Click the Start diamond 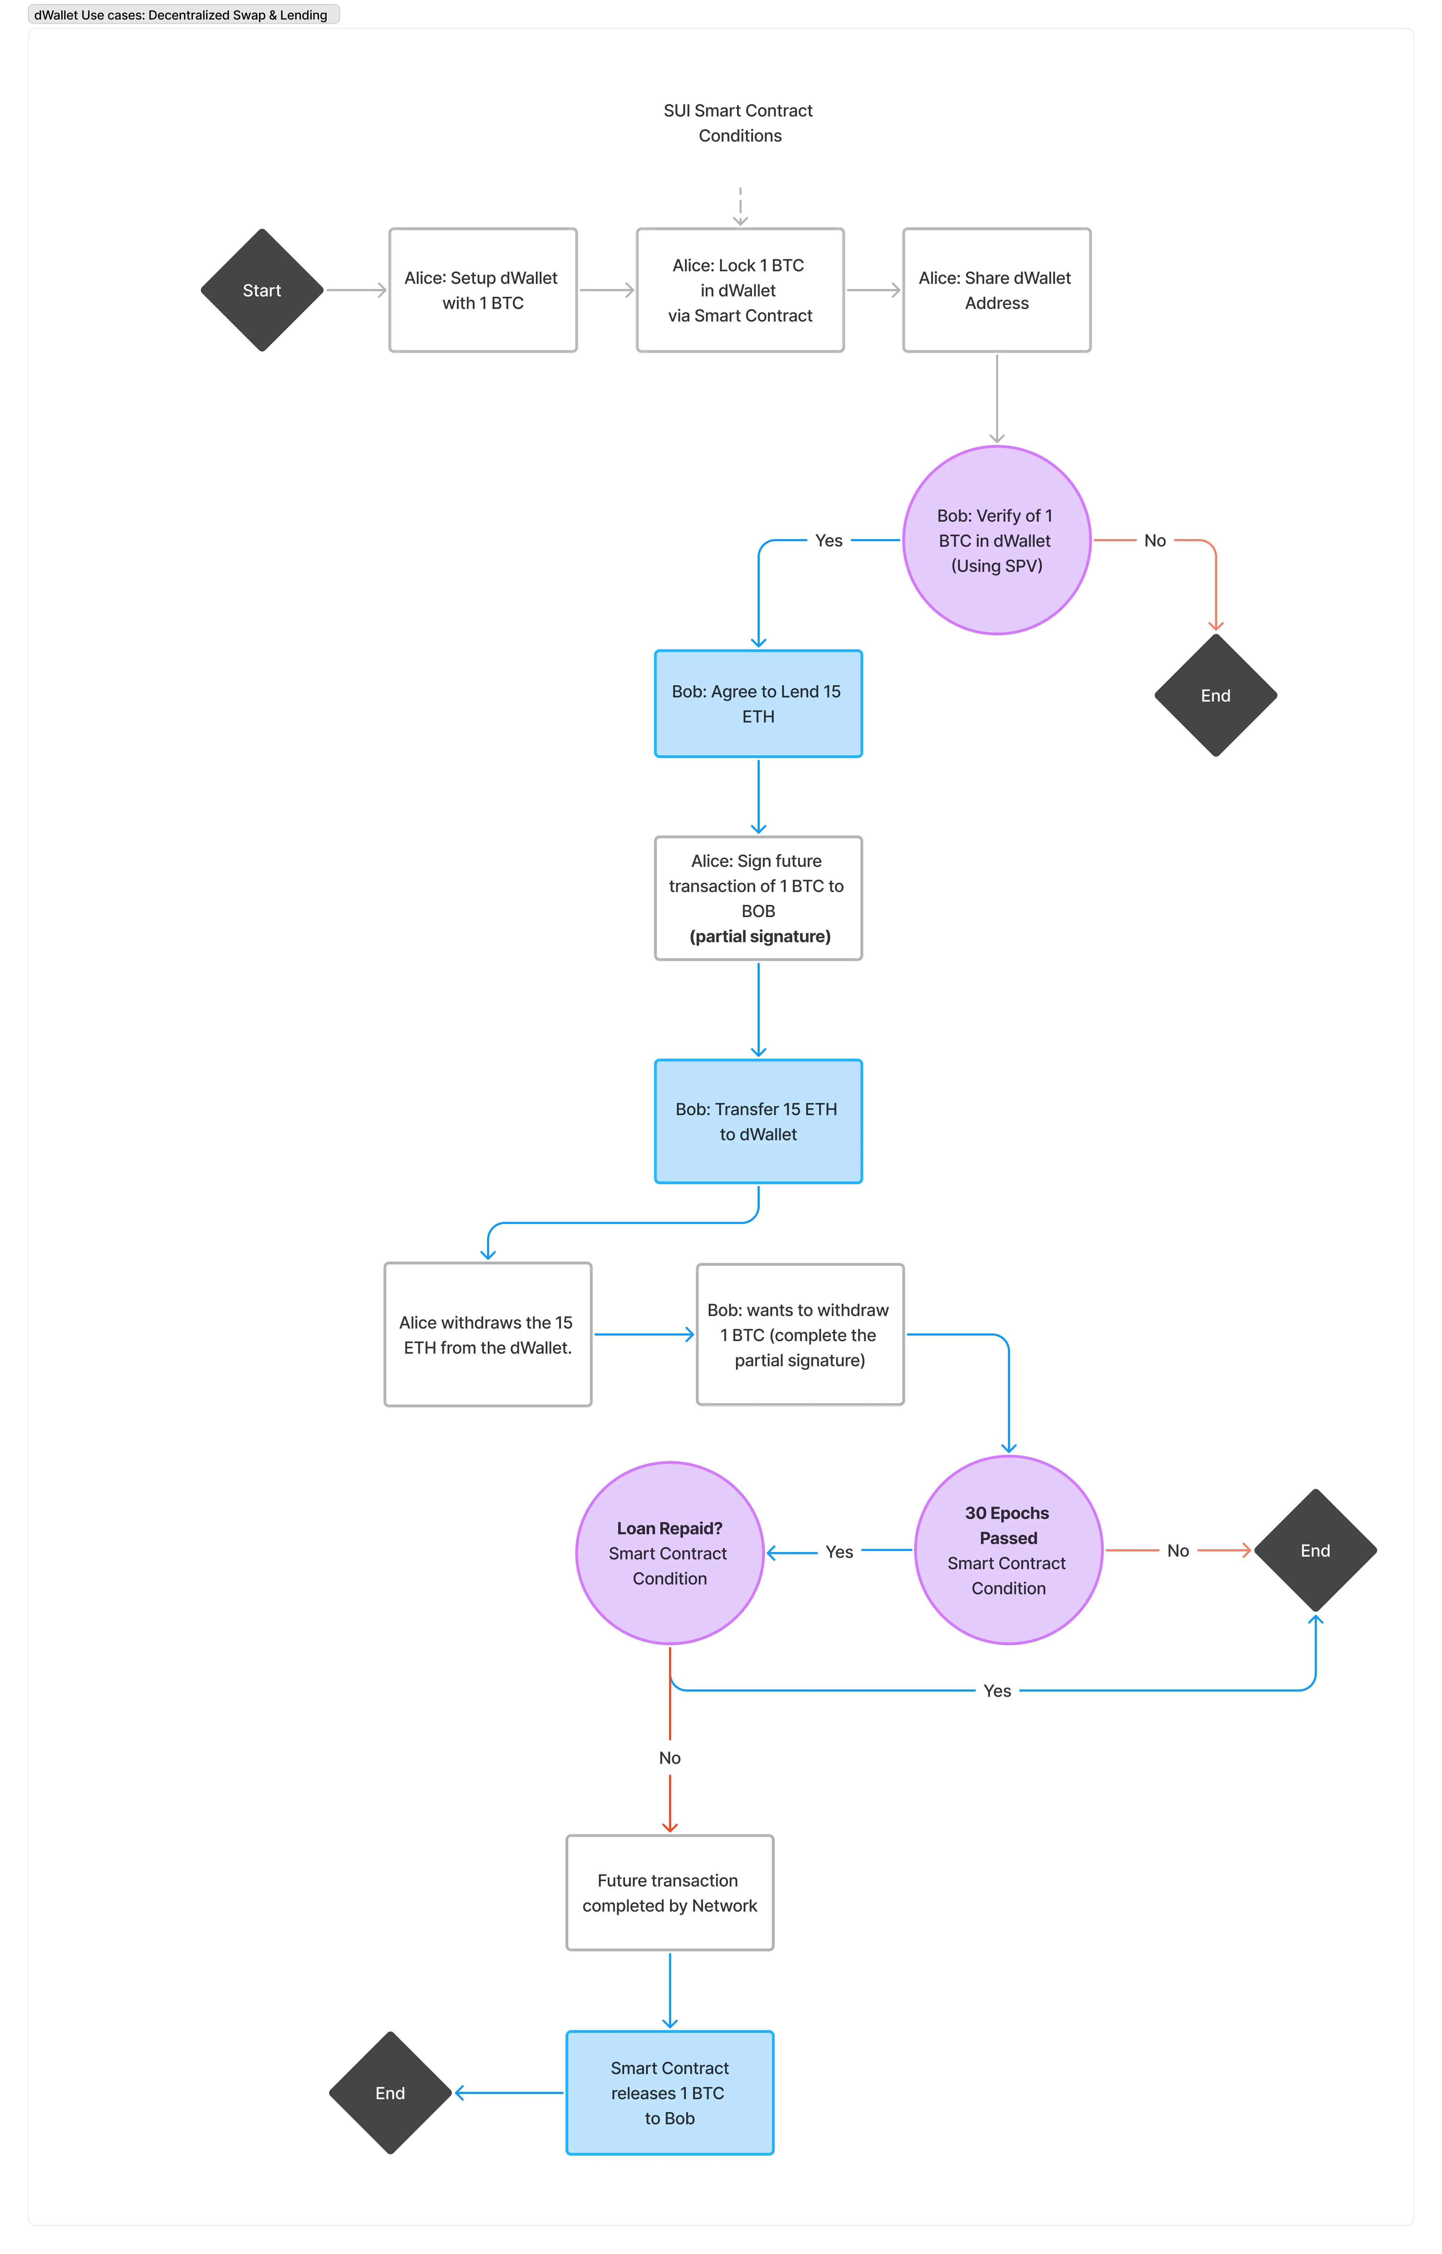[262, 290]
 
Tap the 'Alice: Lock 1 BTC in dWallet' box [740, 290]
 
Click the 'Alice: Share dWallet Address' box [996, 290]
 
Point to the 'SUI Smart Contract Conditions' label [739, 123]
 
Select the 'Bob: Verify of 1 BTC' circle [996, 540]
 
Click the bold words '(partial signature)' [759, 937]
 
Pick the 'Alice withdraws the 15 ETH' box [487, 1334]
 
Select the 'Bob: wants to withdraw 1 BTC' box [800, 1334]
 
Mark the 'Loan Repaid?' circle [669, 1553]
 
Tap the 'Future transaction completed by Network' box [669, 1892]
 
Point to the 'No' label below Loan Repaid [669, 1758]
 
